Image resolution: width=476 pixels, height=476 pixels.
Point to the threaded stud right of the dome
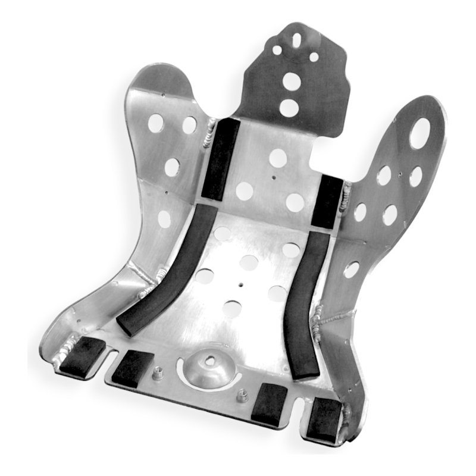[244, 396]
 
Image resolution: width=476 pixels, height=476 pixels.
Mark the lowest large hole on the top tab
[289, 108]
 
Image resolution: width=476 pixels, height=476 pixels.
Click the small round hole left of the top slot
[277, 49]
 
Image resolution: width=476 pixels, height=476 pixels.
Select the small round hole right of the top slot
[314, 57]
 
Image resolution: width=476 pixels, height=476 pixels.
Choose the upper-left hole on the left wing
[155, 123]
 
